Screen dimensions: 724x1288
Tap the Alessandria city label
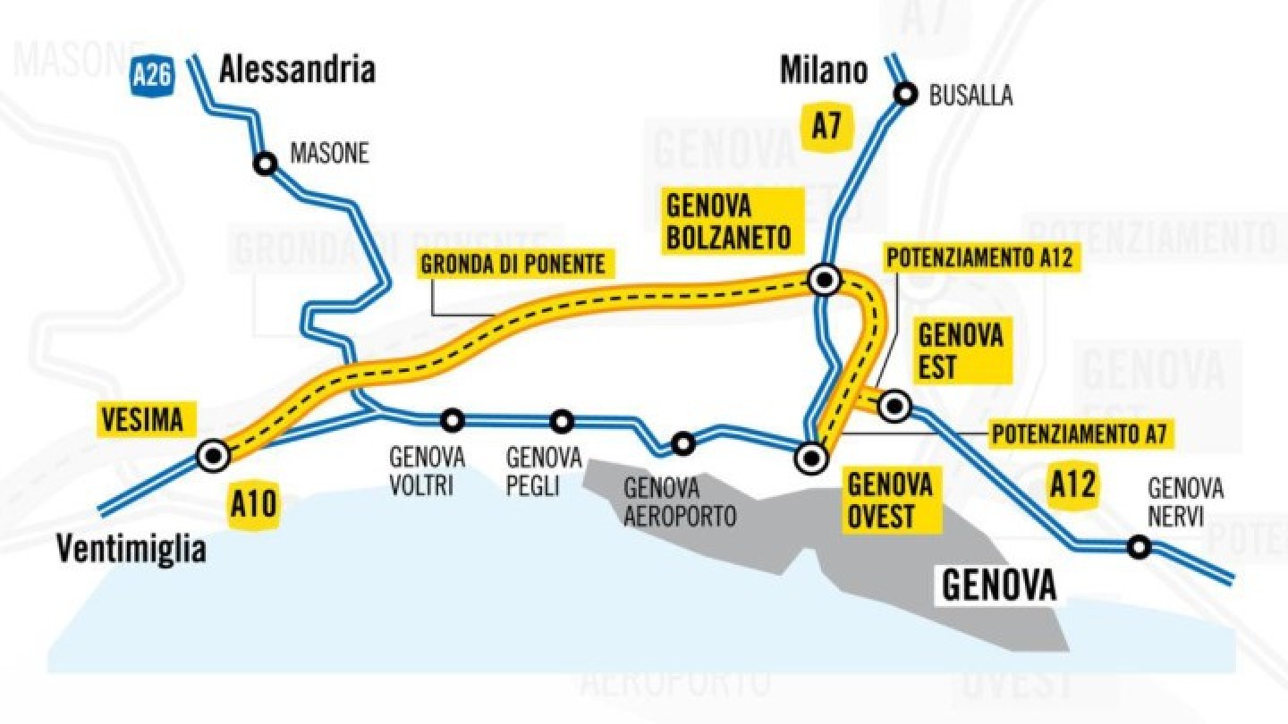tap(297, 69)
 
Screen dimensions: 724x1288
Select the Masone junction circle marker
tap(265, 164)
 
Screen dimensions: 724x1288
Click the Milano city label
tap(824, 70)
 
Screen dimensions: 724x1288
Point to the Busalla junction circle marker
tap(906, 93)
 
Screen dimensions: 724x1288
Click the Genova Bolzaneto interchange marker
tap(823, 281)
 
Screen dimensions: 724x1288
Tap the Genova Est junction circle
tap(894, 407)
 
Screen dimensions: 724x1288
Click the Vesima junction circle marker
tap(214, 456)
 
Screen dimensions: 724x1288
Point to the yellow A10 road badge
tap(254, 506)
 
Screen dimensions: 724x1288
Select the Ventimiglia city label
tap(131, 549)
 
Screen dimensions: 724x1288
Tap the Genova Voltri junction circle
tap(453, 418)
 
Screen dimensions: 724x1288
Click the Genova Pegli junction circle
tap(562, 420)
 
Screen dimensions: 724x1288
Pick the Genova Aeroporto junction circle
tap(683, 442)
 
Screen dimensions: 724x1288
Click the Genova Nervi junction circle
tap(1138, 546)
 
